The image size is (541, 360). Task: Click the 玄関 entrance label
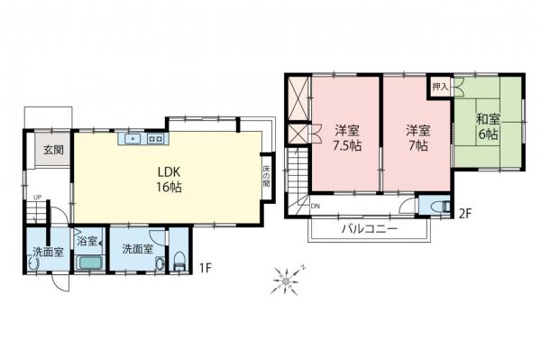[x=49, y=151]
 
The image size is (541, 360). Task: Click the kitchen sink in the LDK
[x=133, y=139]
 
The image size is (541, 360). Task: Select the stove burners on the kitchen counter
[x=155, y=139]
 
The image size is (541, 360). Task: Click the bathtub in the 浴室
[x=88, y=264]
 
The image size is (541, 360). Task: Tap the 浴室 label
[x=87, y=243]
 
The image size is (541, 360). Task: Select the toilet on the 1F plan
[x=179, y=263]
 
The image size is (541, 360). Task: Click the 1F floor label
[x=206, y=267]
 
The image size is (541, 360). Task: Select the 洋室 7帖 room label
[x=415, y=137]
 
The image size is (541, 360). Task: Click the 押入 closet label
[x=440, y=88]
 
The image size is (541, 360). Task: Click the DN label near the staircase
[x=315, y=207]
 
